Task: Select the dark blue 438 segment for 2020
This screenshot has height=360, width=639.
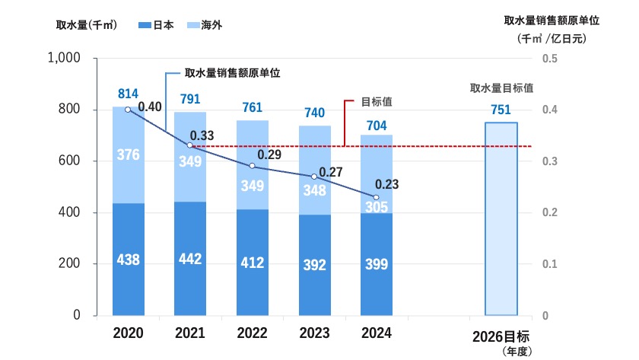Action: click(128, 259)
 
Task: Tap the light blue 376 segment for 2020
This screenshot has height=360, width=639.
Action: click(128, 155)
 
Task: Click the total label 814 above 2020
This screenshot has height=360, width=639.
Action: click(128, 94)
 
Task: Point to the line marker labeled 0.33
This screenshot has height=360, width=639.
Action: click(189, 145)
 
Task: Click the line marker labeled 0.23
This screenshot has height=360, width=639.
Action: click(376, 197)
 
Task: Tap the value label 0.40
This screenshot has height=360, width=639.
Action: click(151, 107)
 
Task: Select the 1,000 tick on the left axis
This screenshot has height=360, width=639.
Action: click(65, 59)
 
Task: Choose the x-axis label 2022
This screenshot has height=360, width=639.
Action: click(252, 333)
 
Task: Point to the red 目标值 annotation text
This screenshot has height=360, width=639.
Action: click(371, 100)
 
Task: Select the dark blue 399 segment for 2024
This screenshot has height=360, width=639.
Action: click(376, 264)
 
